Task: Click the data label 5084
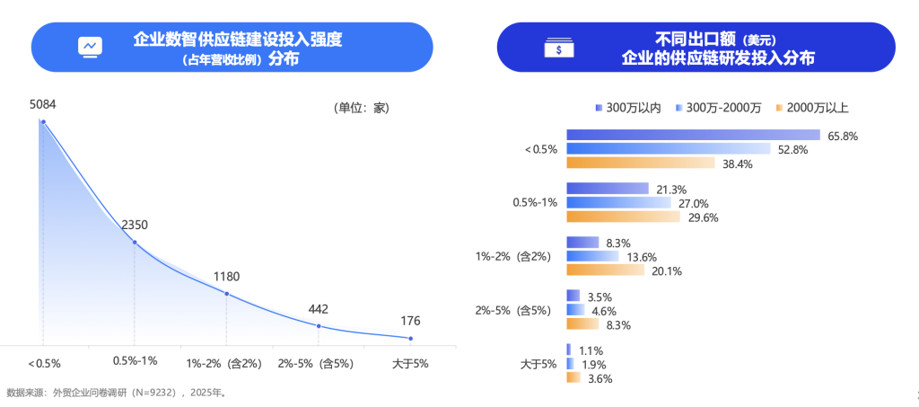(x=43, y=105)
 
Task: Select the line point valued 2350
(x=135, y=243)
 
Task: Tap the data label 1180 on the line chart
(x=225, y=277)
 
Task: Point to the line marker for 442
(x=319, y=326)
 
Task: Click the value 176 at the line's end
(x=409, y=321)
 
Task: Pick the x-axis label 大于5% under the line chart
(x=411, y=363)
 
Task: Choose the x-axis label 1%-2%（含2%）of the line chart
(x=223, y=363)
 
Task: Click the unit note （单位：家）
(x=361, y=108)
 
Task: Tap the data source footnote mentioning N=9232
(x=117, y=393)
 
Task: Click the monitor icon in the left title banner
(x=91, y=46)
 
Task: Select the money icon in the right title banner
(x=557, y=48)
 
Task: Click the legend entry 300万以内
(x=628, y=108)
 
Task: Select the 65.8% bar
(x=693, y=136)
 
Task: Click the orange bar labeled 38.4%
(x=640, y=164)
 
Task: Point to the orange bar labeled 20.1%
(x=605, y=270)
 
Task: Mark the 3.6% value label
(x=600, y=379)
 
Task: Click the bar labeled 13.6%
(x=592, y=257)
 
